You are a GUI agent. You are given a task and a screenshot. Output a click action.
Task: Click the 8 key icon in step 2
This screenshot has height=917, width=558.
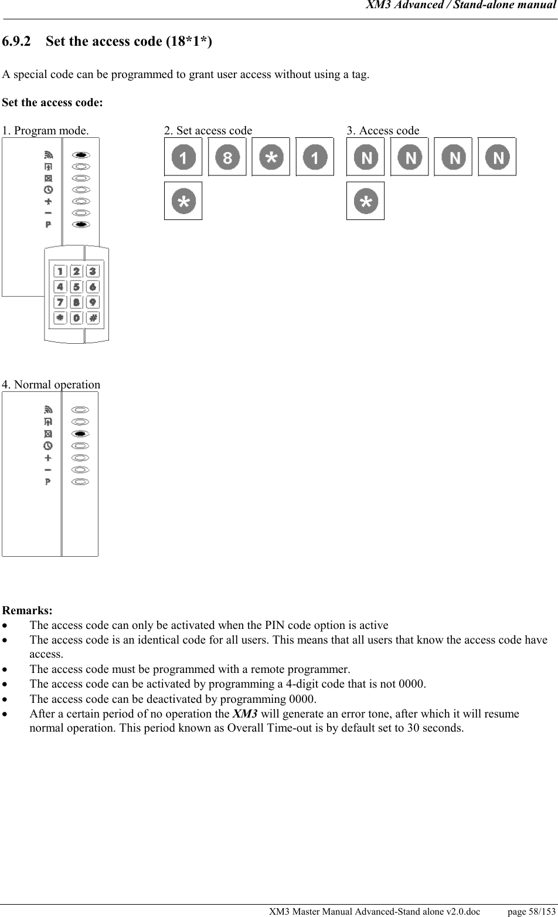point(227,157)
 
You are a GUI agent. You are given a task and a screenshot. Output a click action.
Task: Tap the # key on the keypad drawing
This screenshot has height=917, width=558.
point(93,318)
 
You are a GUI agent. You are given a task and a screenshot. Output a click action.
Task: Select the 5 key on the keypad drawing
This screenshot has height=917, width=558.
point(77,287)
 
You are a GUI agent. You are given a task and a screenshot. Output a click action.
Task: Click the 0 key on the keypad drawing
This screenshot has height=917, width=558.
point(77,318)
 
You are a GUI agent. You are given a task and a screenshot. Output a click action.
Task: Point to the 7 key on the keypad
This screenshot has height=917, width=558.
point(60,303)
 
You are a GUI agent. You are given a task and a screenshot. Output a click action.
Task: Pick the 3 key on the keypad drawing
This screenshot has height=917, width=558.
point(93,271)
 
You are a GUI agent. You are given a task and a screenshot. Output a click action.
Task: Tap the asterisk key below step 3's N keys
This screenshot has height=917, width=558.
point(366,201)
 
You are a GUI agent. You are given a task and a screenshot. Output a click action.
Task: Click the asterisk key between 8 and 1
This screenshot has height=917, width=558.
point(271,157)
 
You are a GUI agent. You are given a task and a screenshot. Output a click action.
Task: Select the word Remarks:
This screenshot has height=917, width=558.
point(27,611)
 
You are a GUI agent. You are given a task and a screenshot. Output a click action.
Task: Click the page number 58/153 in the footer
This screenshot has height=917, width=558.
point(531,911)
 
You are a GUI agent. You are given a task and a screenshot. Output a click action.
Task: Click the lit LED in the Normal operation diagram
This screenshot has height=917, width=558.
point(81,434)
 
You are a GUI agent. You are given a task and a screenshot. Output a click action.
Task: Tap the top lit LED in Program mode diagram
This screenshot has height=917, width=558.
point(81,155)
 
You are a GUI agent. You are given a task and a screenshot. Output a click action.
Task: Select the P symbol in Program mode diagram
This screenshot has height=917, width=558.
point(48,225)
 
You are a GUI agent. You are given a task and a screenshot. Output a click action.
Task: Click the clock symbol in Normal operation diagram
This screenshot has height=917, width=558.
point(48,446)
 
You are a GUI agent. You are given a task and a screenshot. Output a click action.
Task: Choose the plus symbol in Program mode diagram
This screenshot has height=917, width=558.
point(48,201)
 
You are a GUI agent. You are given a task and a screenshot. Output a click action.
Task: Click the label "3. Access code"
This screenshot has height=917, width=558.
point(383,131)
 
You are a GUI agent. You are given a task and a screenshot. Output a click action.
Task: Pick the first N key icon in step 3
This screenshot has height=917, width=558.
point(366,157)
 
